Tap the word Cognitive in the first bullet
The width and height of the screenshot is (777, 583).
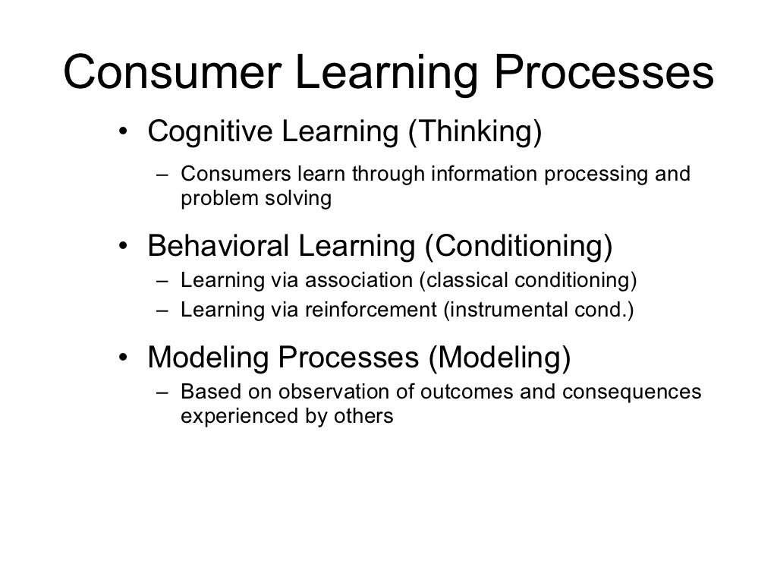(x=198, y=132)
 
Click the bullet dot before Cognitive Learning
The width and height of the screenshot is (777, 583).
(x=122, y=134)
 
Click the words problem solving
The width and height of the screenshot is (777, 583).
(x=256, y=199)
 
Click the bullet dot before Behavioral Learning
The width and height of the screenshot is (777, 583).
(x=122, y=247)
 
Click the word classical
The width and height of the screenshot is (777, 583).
(x=467, y=281)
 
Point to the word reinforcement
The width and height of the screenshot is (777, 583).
(x=373, y=310)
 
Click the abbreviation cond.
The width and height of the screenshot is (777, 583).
(x=607, y=310)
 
